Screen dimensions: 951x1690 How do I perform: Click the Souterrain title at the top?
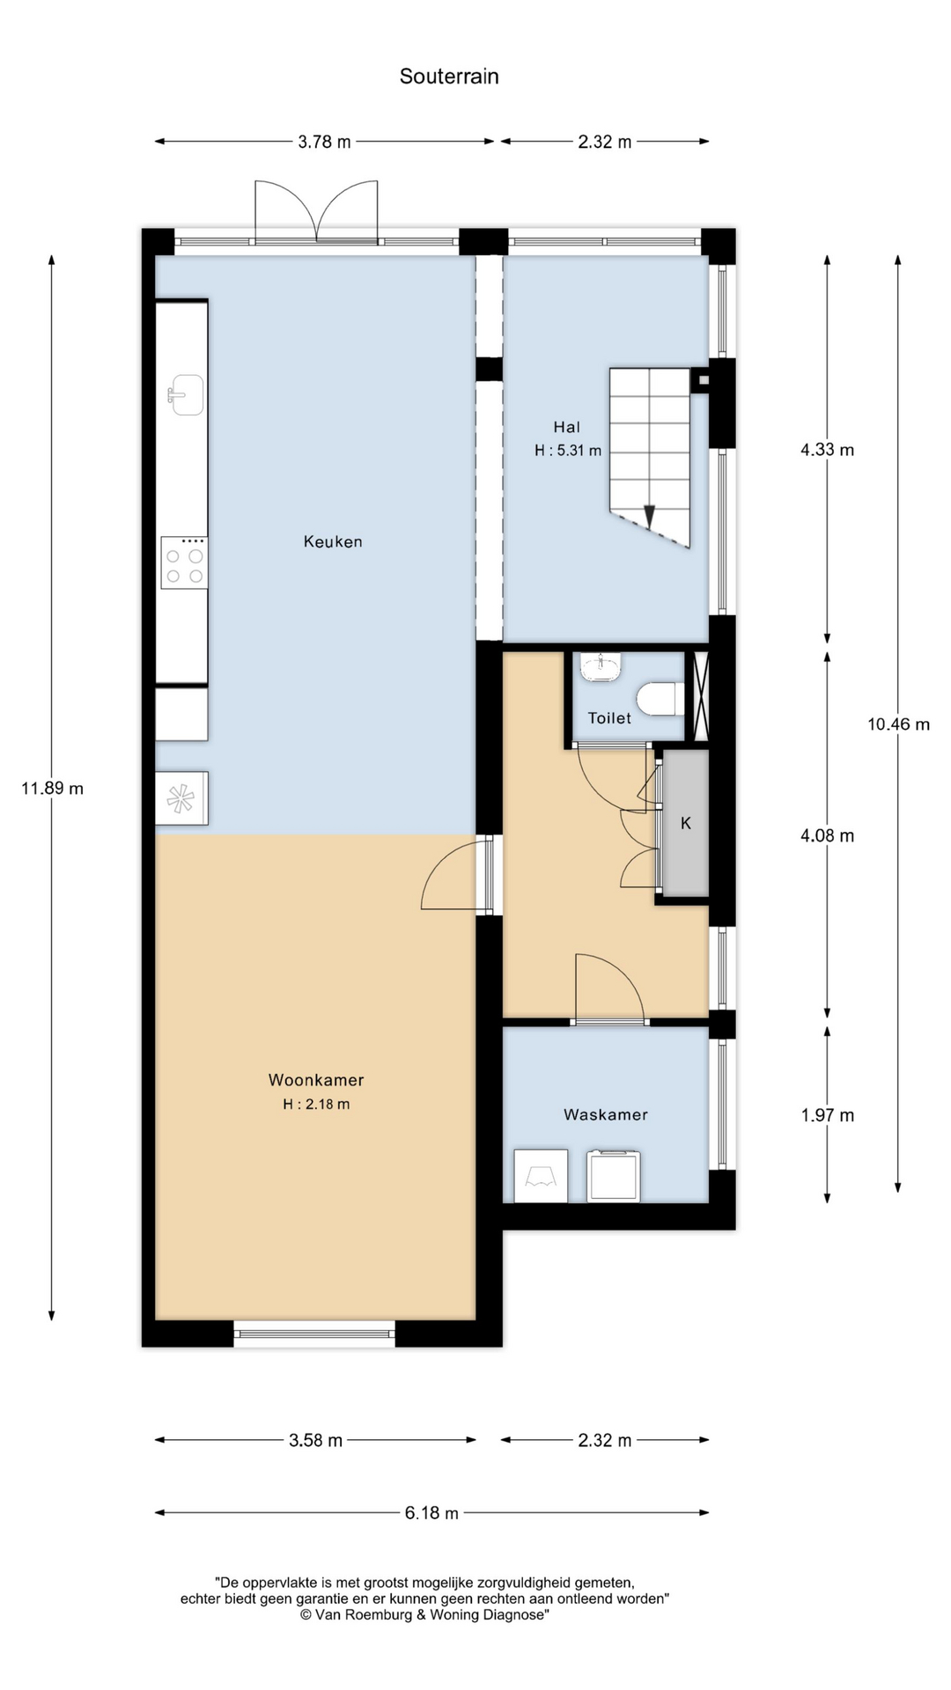coord(449,77)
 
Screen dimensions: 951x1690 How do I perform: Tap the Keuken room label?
coord(333,541)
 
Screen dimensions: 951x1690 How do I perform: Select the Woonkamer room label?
coord(316,1080)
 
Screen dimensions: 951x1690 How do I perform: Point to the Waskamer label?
coord(606,1114)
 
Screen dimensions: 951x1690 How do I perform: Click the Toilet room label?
coord(609,718)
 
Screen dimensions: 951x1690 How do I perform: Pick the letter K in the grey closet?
coord(686,823)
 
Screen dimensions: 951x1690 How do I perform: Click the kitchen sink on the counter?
coord(186,394)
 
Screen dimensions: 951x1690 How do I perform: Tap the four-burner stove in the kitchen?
coord(184,562)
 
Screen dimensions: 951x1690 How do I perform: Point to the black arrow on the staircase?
coord(650,516)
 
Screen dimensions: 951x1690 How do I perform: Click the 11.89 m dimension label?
coord(52,789)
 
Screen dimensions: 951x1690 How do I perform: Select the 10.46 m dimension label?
coord(898,724)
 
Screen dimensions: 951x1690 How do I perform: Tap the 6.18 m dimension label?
coord(431,1513)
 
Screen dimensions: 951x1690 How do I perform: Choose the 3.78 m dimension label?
coord(324,142)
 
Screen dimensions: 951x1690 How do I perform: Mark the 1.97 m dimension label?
coord(827,1115)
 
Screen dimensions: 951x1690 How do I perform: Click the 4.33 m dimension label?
coord(827,450)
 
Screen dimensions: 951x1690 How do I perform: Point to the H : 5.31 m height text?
coord(568,451)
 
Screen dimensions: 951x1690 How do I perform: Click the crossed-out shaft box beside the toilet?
coord(701,696)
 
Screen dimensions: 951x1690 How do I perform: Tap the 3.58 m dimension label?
coord(315,1441)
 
